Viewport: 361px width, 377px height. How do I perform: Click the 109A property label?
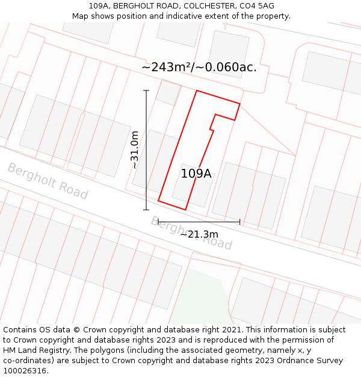196,174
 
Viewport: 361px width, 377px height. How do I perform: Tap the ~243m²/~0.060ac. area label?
199,68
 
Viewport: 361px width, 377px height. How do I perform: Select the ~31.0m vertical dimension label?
135,150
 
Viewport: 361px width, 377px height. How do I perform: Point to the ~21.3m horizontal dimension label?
199,234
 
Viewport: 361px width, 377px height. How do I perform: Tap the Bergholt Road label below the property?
191,233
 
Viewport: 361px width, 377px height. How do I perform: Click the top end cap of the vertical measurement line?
146,90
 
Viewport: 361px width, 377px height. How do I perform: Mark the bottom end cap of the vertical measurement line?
146,210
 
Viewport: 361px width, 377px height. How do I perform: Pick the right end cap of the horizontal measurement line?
239,222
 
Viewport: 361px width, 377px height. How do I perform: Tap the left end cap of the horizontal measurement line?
158,222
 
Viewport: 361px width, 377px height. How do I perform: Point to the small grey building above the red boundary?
168,92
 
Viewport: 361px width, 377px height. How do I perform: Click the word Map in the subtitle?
81,16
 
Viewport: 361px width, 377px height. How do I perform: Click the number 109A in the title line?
99,6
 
